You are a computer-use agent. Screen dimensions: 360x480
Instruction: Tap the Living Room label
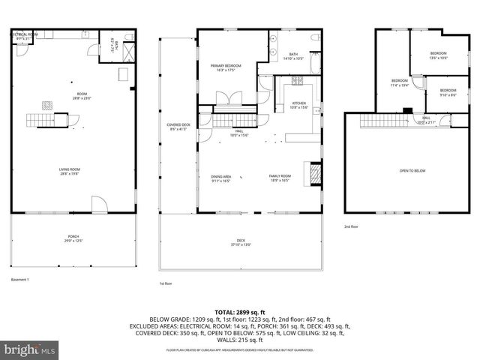[70, 171]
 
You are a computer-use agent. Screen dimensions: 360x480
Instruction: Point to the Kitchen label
[298, 105]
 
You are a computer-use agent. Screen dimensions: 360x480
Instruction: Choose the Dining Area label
[220, 178]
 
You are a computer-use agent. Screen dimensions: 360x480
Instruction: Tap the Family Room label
[280, 178]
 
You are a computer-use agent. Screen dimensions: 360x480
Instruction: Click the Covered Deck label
[178, 127]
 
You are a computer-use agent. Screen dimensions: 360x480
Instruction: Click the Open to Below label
[412, 171]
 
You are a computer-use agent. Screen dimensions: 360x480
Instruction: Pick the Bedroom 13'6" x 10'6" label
[438, 55]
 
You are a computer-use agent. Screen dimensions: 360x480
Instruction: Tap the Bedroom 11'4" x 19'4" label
[399, 82]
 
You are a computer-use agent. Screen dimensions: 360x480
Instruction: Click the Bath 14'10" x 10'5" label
[294, 56]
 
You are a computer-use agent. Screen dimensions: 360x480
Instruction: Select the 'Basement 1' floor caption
[20, 279]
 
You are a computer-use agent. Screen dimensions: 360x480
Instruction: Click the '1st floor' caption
[166, 284]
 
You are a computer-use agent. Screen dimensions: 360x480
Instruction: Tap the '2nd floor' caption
[351, 226]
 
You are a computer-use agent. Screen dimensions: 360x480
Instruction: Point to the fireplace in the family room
[315, 174]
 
